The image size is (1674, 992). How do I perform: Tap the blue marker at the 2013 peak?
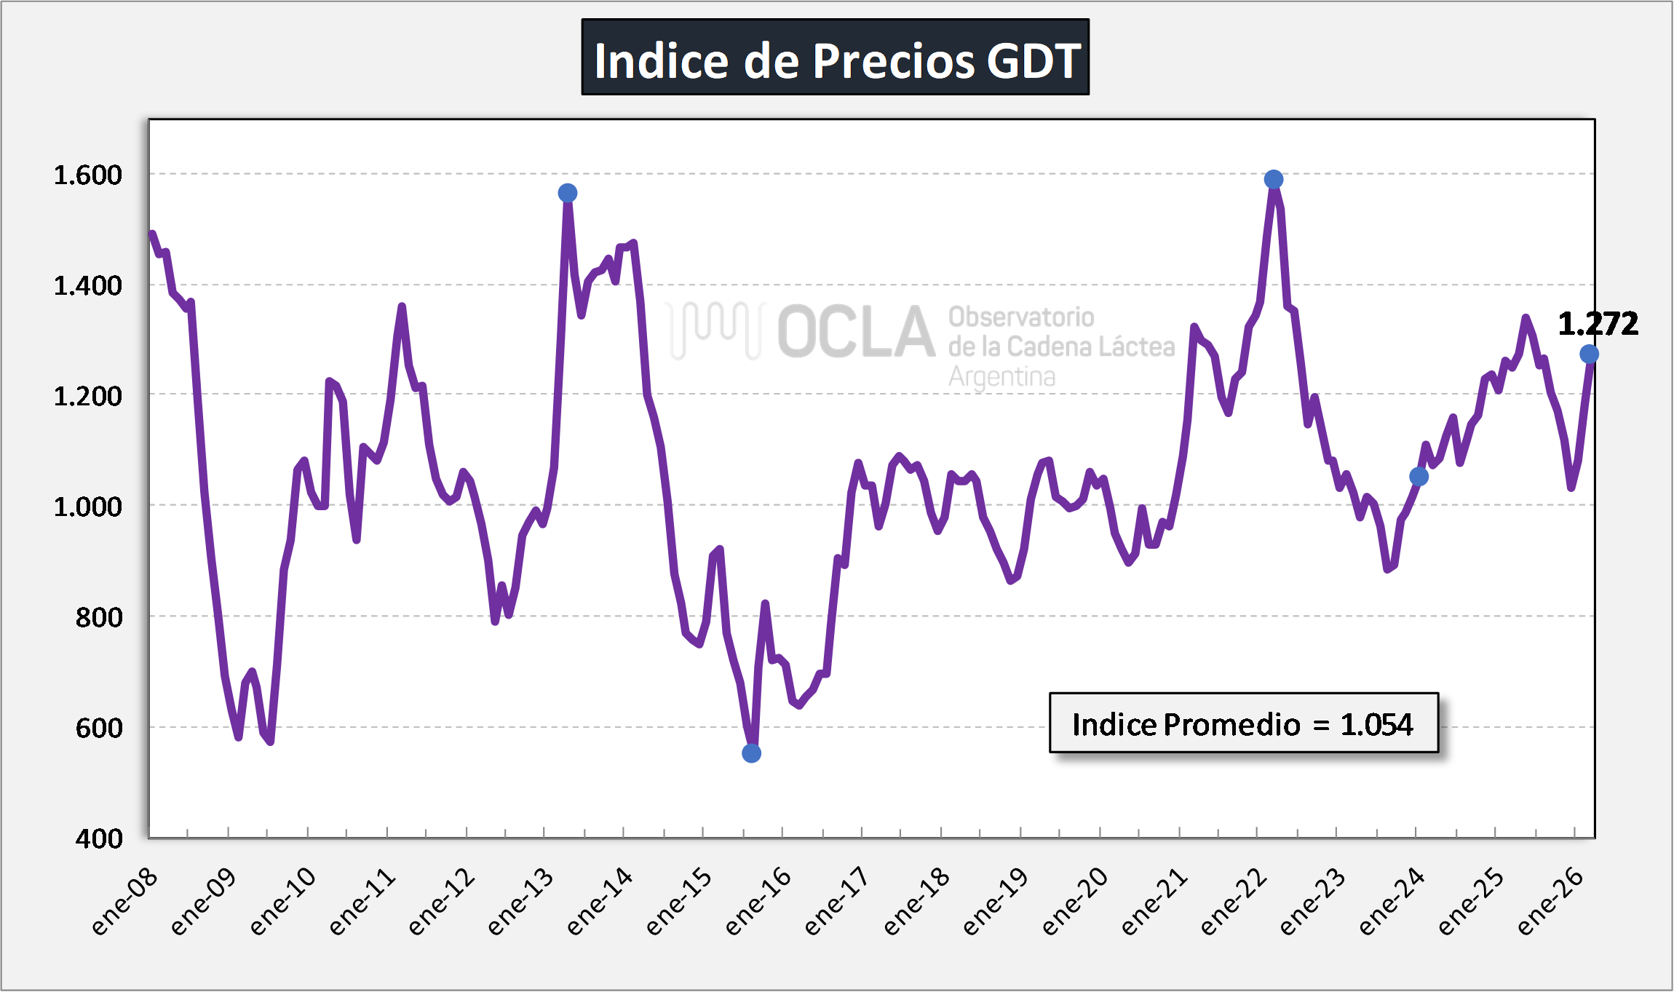pos(568,193)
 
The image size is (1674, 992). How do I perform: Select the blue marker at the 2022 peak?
pos(1274,179)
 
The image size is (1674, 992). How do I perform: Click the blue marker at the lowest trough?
pos(752,753)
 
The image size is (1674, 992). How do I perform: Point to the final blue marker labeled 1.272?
pos(1589,354)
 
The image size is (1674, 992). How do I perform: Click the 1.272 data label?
pos(1598,324)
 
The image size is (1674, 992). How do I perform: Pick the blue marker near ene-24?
pos(1419,477)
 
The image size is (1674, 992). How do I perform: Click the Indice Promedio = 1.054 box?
pos(1243,723)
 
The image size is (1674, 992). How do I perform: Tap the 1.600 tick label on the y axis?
pos(88,175)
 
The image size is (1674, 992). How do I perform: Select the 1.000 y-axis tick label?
pos(88,507)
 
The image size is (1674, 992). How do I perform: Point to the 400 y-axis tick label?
pos(99,838)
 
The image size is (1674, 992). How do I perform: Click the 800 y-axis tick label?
pos(99,617)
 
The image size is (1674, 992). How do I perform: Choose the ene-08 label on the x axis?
pos(125,901)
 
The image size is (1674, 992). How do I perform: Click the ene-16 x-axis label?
pos(758,901)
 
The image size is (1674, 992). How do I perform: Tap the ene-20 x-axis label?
pos(1075,901)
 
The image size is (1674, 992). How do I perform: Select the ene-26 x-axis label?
pos(1550,901)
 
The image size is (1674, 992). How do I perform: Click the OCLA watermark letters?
pos(856,332)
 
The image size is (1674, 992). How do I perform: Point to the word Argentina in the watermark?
pos(1001,377)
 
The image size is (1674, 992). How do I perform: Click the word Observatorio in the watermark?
pos(1021,317)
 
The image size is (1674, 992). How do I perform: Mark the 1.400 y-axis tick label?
pos(88,286)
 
